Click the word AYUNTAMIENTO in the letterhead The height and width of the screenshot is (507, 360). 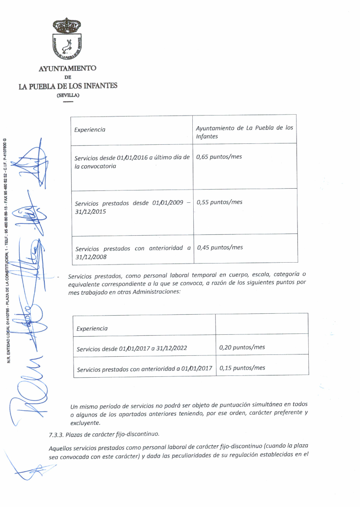coord(67,69)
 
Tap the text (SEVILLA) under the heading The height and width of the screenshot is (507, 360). coord(68,95)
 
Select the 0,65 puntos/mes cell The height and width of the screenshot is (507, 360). coord(219,157)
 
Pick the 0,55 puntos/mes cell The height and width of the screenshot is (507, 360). coord(219,202)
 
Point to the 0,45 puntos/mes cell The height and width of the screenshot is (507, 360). coord(220,248)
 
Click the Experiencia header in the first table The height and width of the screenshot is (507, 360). coord(90,130)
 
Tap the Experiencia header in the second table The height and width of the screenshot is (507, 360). coord(92,328)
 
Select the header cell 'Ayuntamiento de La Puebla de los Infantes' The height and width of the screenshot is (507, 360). coord(244,132)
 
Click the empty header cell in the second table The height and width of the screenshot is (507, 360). coord(261,324)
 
